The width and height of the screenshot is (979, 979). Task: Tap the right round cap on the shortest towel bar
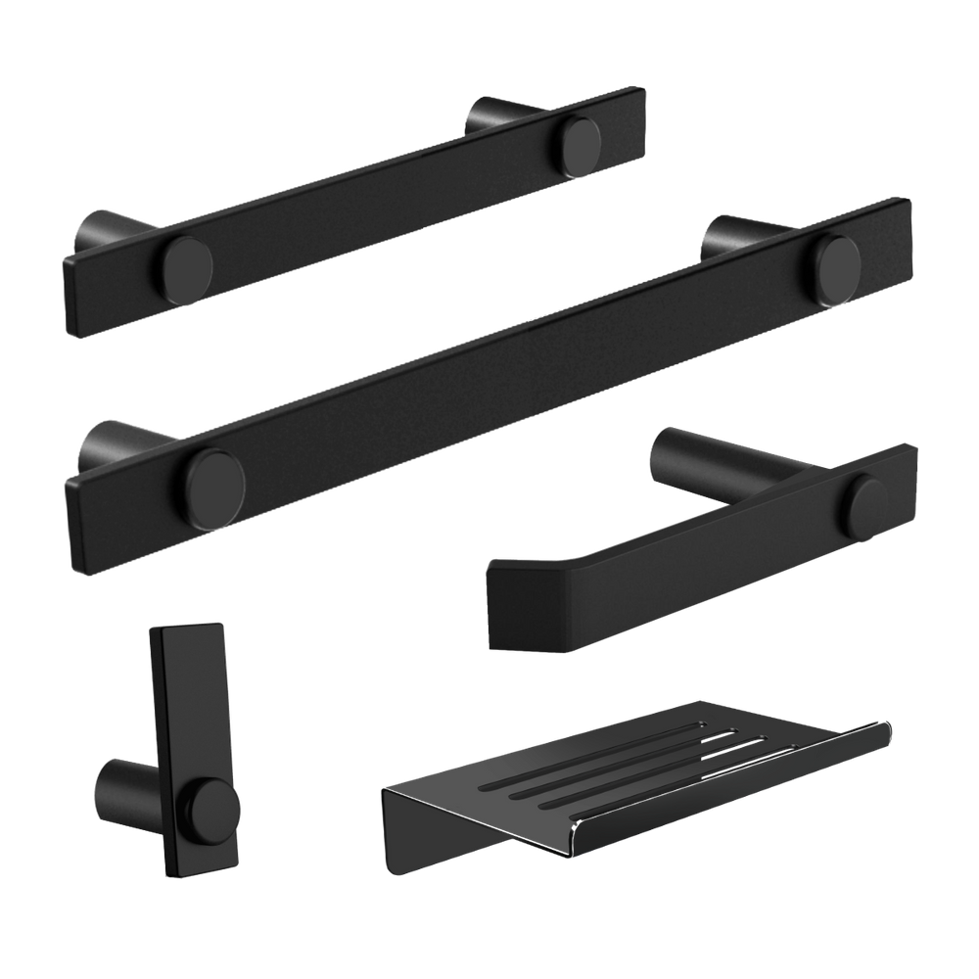click(x=582, y=141)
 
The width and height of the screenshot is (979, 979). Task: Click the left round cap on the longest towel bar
click(x=216, y=476)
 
